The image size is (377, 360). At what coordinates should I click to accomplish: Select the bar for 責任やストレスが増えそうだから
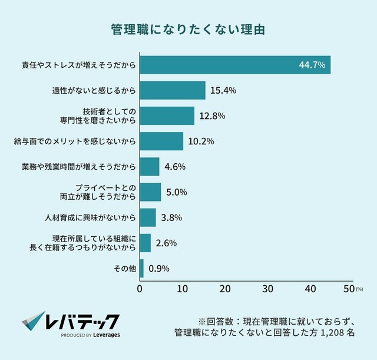235,65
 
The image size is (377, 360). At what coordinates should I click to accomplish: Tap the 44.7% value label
312,65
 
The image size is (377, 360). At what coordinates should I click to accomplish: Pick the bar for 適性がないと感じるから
173,91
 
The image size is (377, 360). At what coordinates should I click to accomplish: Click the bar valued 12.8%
167,115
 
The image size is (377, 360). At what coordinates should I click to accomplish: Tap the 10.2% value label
200,141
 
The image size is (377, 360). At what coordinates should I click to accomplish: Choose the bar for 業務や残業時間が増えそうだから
150,167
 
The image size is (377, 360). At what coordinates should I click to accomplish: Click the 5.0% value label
176,192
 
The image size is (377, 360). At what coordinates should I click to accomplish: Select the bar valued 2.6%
145,243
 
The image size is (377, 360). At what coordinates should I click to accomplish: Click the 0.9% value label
159,269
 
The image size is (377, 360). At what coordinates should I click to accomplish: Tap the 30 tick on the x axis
267,289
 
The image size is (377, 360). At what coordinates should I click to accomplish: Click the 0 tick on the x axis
140,289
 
